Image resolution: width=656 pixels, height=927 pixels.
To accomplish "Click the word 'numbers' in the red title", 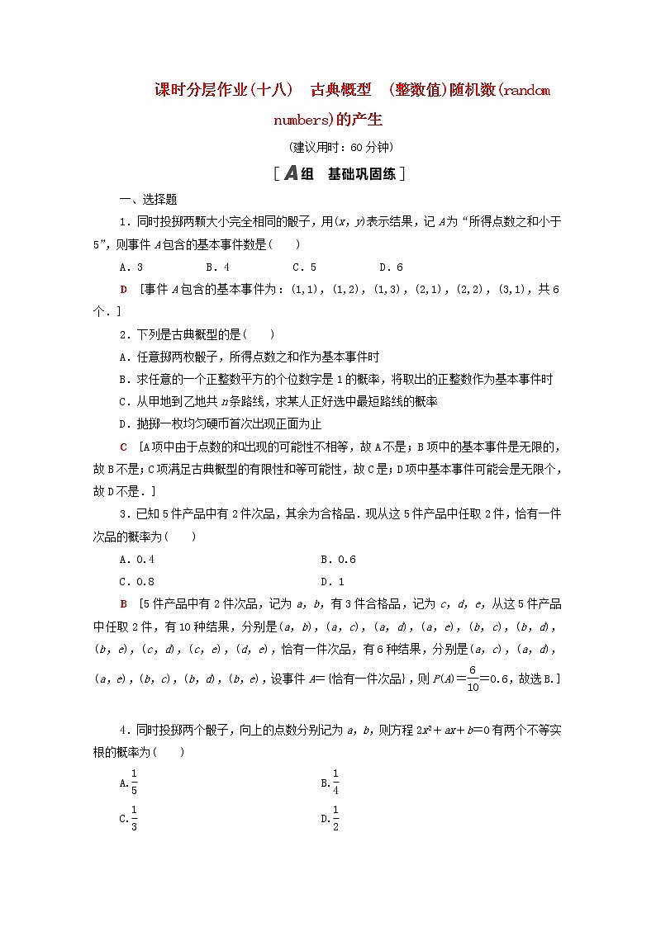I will click(x=301, y=121).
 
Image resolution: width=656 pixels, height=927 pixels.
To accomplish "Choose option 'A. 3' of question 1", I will click(x=131, y=267).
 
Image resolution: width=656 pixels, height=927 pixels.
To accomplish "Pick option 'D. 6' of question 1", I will click(x=391, y=267).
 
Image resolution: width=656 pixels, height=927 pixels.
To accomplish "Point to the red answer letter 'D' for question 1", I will click(x=124, y=289).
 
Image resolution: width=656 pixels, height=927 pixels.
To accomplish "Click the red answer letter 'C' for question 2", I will click(x=124, y=447).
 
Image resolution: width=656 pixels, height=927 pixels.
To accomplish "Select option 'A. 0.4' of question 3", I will click(x=137, y=559).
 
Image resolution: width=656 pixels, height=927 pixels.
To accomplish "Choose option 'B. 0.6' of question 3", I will click(x=338, y=559).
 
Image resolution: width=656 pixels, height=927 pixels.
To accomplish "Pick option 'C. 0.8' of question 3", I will click(x=137, y=580).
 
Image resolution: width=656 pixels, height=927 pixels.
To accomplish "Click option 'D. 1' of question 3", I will click(x=332, y=580).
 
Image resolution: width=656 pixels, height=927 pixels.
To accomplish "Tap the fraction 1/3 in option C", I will click(x=134, y=818).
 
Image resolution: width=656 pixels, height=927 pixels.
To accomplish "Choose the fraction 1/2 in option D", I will click(x=335, y=818).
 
